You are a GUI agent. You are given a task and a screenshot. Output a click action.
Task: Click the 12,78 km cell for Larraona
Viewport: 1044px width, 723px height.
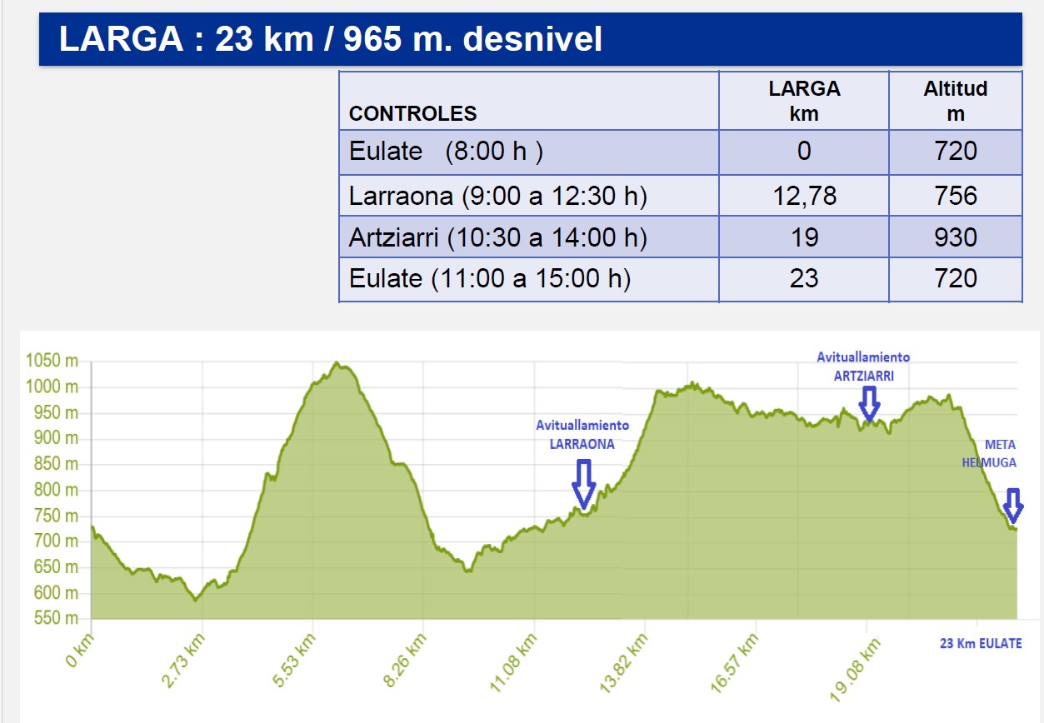coord(803,196)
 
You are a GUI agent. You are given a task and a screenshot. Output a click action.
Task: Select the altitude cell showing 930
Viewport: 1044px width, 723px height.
coord(955,237)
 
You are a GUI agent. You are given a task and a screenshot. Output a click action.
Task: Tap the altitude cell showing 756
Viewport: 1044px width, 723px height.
coord(955,196)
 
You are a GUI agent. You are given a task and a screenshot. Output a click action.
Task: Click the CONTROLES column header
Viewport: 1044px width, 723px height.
coord(413,114)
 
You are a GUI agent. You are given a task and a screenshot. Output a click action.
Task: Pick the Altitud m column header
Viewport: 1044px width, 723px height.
coord(955,101)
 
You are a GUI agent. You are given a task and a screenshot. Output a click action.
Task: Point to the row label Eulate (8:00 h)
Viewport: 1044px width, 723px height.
coord(446,151)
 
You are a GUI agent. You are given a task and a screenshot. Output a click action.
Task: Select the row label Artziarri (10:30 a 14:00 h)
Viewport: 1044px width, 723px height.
coord(497,237)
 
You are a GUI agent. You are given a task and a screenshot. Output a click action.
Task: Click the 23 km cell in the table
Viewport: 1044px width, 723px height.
coord(803,277)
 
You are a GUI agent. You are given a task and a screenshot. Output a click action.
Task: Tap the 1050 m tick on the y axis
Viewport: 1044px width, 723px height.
coord(52,361)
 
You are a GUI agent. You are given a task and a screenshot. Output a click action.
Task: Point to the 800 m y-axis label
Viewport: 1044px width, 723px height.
coord(55,490)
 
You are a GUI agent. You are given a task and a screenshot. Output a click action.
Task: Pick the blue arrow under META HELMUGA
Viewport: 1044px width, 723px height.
coord(1012,505)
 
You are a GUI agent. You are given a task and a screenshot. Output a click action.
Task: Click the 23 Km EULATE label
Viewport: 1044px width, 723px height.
coord(980,643)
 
